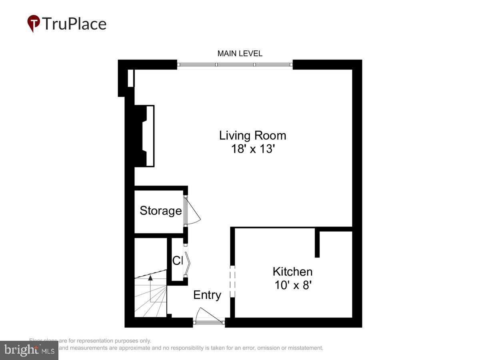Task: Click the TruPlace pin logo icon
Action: point(34,24)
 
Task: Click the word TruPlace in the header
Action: point(74,24)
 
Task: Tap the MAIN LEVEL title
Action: point(240,54)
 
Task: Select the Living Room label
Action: point(252,135)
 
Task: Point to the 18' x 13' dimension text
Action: point(252,149)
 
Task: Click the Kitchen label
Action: point(292,272)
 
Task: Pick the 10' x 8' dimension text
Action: point(292,285)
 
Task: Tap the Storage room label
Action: point(160,211)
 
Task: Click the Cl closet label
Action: point(177,260)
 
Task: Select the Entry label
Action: point(207,295)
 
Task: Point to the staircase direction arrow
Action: point(150,280)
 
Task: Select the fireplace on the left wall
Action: point(145,136)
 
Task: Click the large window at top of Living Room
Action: point(235,64)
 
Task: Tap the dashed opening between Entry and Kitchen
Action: point(232,279)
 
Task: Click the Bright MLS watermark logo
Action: point(29,350)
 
